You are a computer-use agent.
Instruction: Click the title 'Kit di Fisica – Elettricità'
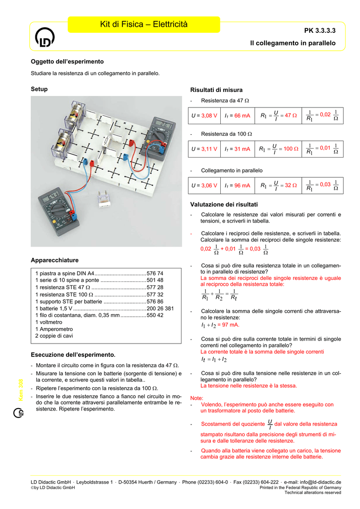pyautogui.click(x=144, y=24)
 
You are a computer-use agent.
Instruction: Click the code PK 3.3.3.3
pyautogui.click(x=320, y=31)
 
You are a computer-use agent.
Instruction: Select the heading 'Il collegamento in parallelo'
pyautogui.click(x=292, y=44)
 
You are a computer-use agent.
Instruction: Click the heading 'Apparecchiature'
pyautogui.click(x=55, y=260)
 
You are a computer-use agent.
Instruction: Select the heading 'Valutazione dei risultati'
pyautogui.click(x=224, y=204)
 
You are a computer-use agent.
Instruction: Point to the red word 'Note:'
pyautogui.click(x=197, y=398)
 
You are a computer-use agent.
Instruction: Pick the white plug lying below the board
pyautogui.click(x=104, y=199)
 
